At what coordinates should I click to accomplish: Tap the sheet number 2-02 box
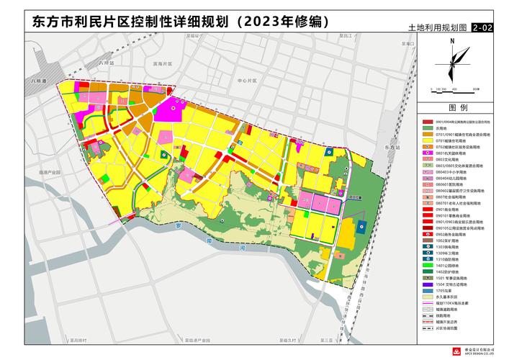point(484,29)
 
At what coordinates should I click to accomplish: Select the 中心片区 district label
point(247,80)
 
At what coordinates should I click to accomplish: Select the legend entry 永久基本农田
point(451,297)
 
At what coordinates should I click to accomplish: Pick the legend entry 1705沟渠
point(451,289)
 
